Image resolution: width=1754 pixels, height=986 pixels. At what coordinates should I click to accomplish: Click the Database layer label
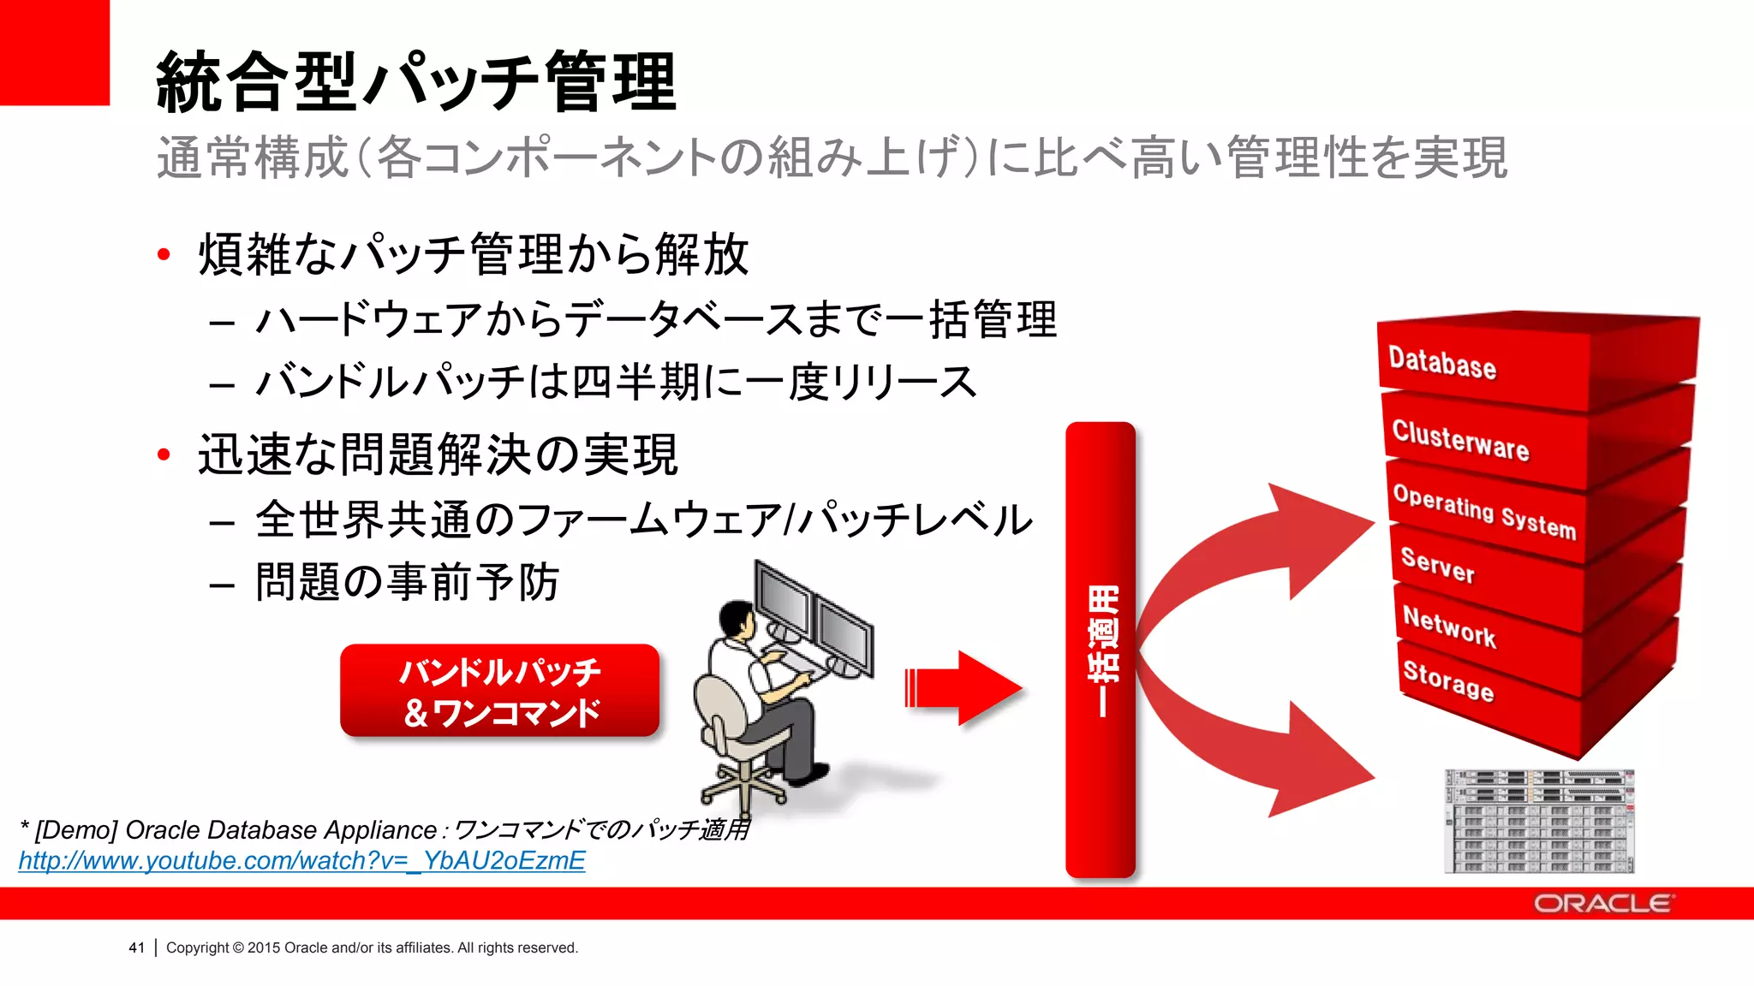(1442, 363)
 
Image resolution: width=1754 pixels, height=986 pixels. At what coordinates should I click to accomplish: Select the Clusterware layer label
(1460, 440)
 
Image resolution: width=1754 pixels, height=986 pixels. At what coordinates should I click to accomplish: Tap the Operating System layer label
(1484, 511)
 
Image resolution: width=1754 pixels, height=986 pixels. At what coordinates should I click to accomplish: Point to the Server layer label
(1438, 565)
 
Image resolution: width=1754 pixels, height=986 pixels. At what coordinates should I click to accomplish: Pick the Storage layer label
(1448, 680)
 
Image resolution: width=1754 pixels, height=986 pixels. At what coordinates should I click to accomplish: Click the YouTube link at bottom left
(301, 860)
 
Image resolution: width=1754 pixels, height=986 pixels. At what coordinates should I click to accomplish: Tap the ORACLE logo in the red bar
(1602, 904)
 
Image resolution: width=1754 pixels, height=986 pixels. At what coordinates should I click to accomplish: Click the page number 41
(136, 947)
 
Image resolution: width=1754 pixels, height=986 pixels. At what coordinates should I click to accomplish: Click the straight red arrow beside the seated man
(964, 687)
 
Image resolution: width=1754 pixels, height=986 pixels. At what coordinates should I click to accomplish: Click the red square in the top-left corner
(54, 52)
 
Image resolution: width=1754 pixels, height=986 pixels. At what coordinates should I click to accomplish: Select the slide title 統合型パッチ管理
(416, 82)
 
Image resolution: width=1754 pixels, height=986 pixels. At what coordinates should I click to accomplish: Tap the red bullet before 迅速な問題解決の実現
(164, 454)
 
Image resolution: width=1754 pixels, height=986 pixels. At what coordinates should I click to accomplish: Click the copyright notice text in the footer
(372, 947)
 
